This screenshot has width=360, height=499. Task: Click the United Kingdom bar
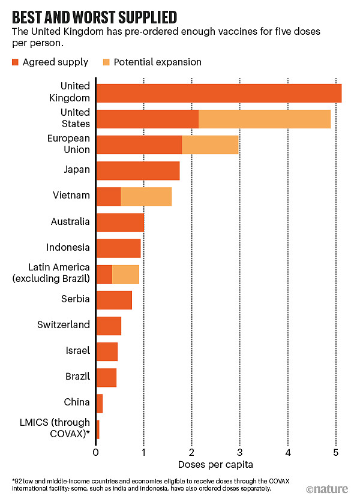pyautogui.click(x=218, y=94)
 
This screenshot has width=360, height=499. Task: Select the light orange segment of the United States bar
pyautogui.click(x=264, y=119)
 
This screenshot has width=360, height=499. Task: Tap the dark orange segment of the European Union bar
pyautogui.click(x=139, y=145)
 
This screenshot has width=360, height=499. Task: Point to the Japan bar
pyautogui.click(x=137, y=170)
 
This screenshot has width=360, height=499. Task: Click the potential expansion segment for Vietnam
pyautogui.click(x=146, y=196)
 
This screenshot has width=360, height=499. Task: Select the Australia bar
pyautogui.click(x=120, y=222)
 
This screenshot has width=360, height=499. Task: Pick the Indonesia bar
pyautogui.click(x=118, y=248)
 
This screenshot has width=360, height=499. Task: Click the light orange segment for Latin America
pyautogui.click(x=125, y=273)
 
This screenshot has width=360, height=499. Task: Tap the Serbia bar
pyautogui.click(x=114, y=299)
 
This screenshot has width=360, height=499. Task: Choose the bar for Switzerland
pyautogui.click(x=109, y=325)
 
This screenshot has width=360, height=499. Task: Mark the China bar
pyautogui.click(x=100, y=403)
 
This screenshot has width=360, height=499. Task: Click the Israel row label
pyautogui.click(x=78, y=351)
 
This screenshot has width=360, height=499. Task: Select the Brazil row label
pyautogui.click(x=77, y=377)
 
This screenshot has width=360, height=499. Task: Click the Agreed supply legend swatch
pyautogui.click(x=16, y=62)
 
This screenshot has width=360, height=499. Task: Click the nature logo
pyautogui.click(x=326, y=488)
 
